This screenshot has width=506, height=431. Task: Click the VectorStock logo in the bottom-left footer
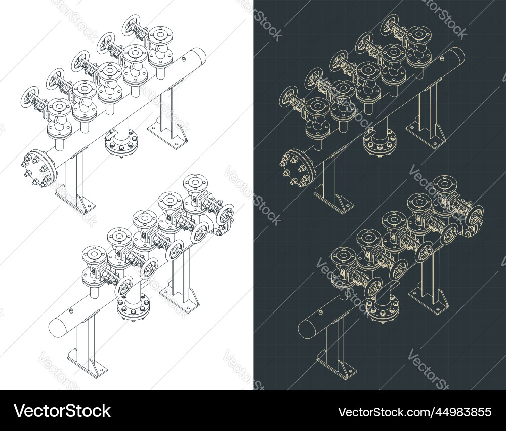62,411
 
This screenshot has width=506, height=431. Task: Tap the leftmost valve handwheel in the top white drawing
31,96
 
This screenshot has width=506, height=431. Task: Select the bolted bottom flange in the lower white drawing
133,309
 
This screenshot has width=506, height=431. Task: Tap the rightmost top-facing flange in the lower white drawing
195,183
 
